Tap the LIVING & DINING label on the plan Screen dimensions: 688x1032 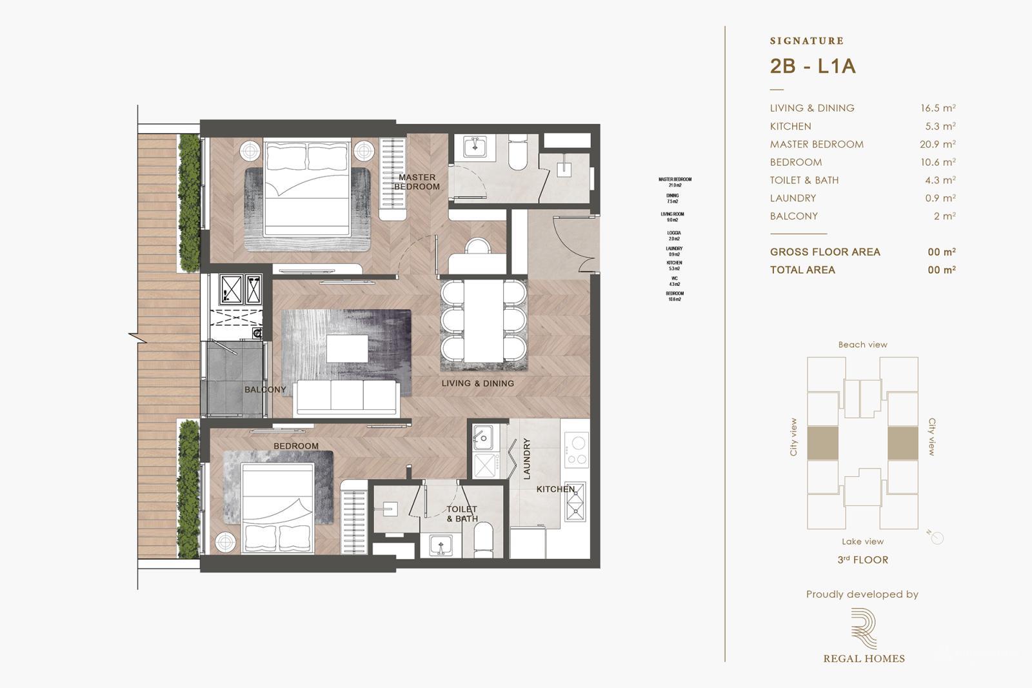tap(477, 383)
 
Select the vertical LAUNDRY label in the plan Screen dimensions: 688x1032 tap(526, 459)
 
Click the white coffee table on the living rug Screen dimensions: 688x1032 tap(347, 349)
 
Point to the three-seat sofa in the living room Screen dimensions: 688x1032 tap(346, 398)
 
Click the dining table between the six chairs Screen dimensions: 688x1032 tap(484, 321)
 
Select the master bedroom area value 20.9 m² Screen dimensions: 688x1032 tap(937, 145)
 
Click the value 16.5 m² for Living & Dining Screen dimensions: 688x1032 tap(937, 108)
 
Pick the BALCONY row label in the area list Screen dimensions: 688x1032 tap(793, 216)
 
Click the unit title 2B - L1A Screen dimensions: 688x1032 tap(813, 66)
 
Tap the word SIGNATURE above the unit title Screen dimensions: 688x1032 tap(806, 41)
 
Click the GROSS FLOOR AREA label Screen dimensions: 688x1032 tap(824, 252)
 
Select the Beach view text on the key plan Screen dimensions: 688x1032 tap(862, 345)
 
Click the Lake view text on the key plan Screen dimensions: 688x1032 tap(862, 541)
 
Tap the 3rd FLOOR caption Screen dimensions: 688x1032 tap(862, 560)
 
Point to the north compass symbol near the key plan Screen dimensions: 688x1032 tap(937, 538)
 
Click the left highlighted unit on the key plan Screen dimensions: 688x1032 tap(822, 443)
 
